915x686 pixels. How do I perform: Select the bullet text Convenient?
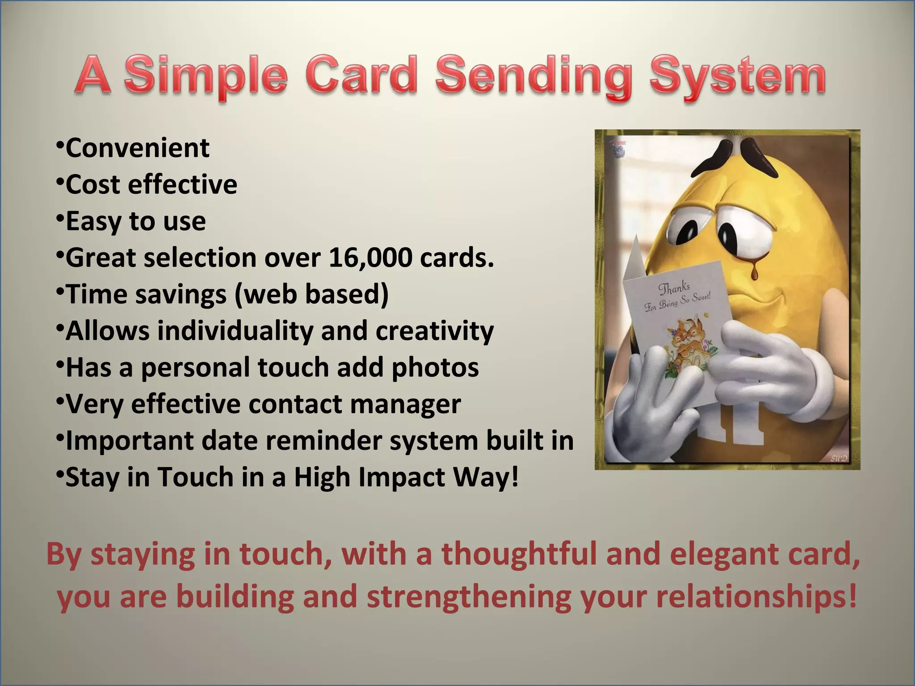[x=137, y=148]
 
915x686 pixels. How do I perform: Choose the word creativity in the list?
[x=434, y=331]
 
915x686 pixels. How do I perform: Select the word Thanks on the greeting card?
[x=674, y=289]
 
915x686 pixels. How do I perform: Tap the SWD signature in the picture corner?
[x=838, y=459]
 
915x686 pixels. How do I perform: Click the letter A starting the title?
[x=93, y=76]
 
